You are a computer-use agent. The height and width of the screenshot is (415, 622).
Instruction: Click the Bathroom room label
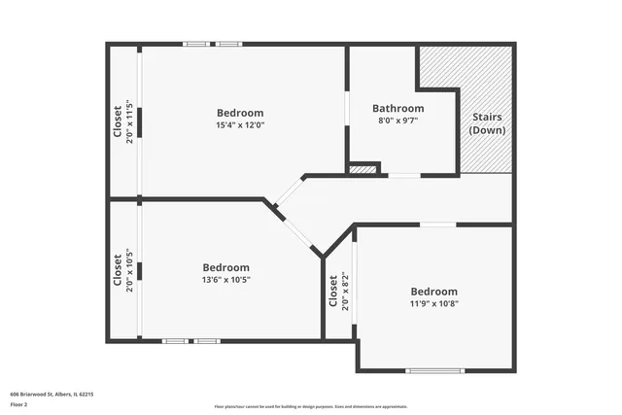(x=397, y=108)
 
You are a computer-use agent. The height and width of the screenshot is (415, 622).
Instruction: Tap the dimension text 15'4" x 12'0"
(x=240, y=124)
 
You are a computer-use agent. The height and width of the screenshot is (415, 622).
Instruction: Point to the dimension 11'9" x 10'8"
(x=433, y=303)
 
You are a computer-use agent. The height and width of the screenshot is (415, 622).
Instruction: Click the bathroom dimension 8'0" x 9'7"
(x=397, y=121)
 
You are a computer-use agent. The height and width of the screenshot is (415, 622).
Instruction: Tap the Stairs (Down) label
(x=488, y=123)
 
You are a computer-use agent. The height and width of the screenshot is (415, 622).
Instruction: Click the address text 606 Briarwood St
(x=52, y=395)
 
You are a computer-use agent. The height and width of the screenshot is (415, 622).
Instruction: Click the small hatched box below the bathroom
(x=363, y=170)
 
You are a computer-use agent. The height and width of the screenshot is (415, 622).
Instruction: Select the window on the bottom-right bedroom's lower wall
(x=434, y=370)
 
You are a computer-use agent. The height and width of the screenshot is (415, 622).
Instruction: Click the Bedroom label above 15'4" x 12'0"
(x=240, y=113)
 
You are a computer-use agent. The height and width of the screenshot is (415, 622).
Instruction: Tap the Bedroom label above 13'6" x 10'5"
(x=226, y=267)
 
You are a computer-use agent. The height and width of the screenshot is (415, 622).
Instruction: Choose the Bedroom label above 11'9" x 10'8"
(x=433, y=292)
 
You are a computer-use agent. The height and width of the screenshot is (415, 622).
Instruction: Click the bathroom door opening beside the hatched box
(x=402, y=175)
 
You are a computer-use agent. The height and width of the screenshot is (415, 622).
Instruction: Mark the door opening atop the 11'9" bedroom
(x=437, y=225)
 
